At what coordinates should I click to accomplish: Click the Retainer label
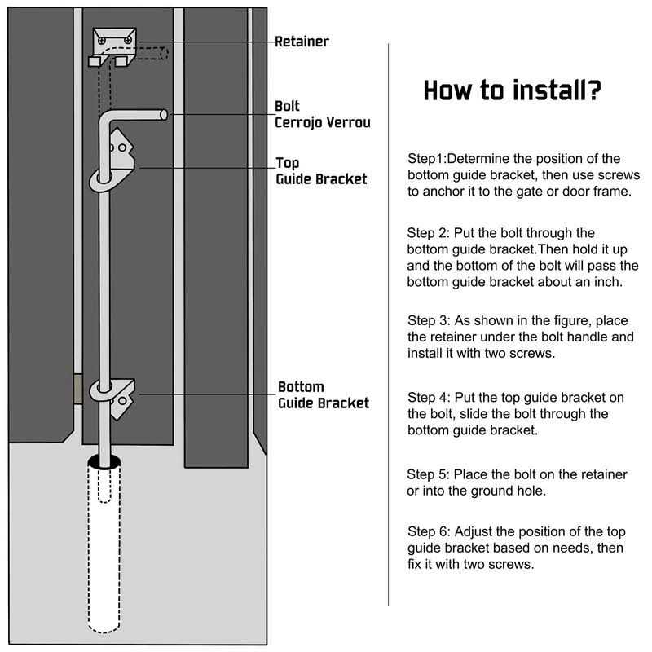tap(302, 41)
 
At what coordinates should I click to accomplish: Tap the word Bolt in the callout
tap(287, 106)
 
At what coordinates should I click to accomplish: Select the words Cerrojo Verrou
tap(323, 122)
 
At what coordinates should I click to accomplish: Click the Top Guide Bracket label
tap(321, 171)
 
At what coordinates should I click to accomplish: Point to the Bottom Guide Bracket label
tap(324, 394)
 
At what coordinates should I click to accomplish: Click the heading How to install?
tap(513, 90)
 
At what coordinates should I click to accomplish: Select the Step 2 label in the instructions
tap(429, 233)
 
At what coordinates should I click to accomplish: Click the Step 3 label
tap(429, 319)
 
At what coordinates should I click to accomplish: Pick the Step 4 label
tap(429, 398)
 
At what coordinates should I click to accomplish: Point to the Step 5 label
tap(428, 474)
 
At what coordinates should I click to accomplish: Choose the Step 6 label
tap(429, 531)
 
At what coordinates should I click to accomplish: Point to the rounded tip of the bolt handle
tap(164, 115)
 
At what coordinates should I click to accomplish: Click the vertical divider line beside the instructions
tap(388, 326)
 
